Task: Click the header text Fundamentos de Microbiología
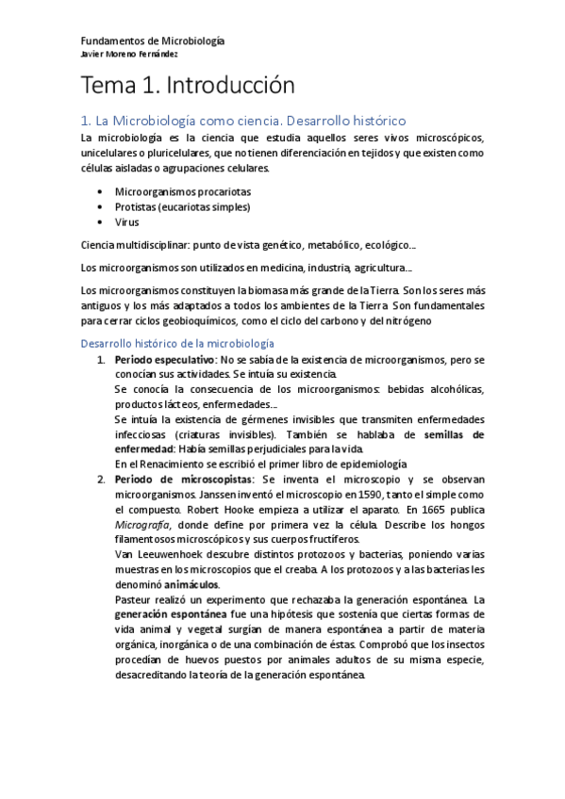(153, 41)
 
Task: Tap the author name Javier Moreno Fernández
(130, 53)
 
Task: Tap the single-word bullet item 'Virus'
(126, 222)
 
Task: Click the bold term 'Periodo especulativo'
(165, 360)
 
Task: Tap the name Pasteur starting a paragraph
(133, 599)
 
